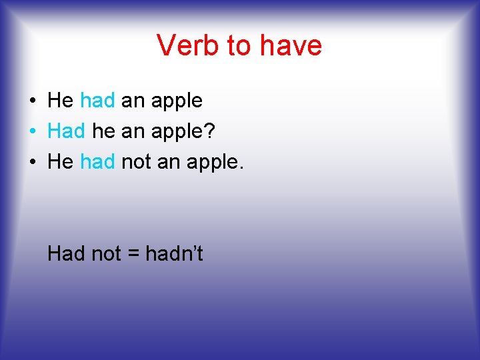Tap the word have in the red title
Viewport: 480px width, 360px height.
(x=291, y=45)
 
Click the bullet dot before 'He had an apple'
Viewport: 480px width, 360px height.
(x=32, y=101)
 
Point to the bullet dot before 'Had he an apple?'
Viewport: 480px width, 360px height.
(x=32, y=132)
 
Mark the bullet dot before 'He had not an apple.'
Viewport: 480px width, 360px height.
(x=32, y=163)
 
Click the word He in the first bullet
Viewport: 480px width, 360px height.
(x=61, y=101)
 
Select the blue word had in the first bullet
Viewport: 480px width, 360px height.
(x=97, y=101)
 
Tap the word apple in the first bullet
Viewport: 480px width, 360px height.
(x=177, y=102)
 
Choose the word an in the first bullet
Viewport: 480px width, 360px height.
(x=133, y=102)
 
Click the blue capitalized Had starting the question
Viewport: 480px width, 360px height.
(x=66, y=131)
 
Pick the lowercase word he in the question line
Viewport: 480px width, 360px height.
(x=103, y=131)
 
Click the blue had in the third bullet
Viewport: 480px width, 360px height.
(x=97, y=162)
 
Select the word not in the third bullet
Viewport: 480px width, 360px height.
(x=136, y=162)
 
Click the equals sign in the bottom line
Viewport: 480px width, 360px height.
(x=133, y=254)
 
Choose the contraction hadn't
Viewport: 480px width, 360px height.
(x=174, y=253)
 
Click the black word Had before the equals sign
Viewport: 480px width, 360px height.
(x=66, y=253)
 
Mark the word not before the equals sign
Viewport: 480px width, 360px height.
(x=105, y=253)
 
